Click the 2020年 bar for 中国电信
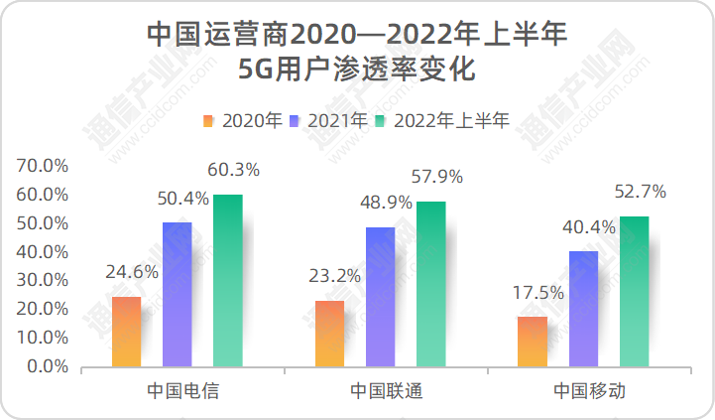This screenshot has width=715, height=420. (127, 332)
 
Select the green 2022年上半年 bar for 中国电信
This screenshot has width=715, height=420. (227, 280)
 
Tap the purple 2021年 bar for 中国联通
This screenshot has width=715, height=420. (380, 297)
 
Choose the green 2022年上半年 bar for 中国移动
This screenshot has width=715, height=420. (634, 291)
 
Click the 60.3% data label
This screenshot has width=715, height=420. (234, 170)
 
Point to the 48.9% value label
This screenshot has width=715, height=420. (386, 203)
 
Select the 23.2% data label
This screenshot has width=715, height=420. (335, 276)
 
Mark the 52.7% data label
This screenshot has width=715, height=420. (640, 192)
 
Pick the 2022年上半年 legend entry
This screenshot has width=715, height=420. (443, 121)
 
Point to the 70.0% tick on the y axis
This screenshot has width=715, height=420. (43, 165)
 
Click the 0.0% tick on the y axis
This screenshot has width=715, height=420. (47, 366)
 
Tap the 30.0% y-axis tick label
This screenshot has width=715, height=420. (43, 280)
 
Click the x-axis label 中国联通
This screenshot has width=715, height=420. (386, 390)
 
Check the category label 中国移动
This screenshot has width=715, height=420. (589, 390)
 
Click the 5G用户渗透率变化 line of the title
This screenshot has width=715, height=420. (357, 70)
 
